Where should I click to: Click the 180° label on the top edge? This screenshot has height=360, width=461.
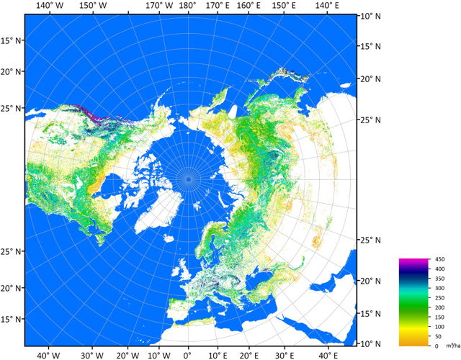pos(188,6)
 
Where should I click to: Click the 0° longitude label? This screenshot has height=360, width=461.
pos(188,354)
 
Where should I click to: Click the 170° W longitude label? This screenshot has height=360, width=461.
pos(158,6)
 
